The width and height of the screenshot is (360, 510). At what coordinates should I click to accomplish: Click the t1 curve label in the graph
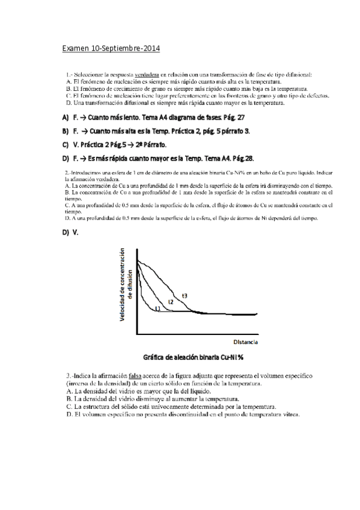point(157,308)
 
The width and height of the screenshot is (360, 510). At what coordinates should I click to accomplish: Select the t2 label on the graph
point(171,301)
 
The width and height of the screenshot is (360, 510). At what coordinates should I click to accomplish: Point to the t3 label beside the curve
point(185,295)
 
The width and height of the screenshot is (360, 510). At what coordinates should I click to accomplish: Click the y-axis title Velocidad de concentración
point(122,285)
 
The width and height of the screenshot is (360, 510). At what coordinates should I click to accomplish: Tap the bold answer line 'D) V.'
point(70,232)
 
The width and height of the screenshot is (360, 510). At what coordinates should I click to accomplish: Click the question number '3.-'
point(70,376)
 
